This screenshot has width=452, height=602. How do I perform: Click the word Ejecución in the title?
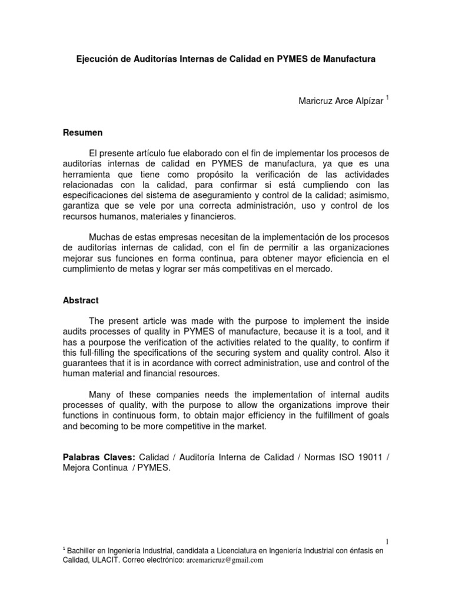[x=98, y=59]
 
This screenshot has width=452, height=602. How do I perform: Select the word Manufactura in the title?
[x=345, y=59]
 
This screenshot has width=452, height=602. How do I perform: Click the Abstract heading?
[x=81, y=300]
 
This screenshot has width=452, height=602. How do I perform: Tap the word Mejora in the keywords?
[x=78, y=469]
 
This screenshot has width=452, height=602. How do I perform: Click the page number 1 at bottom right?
[x=387, y=541]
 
